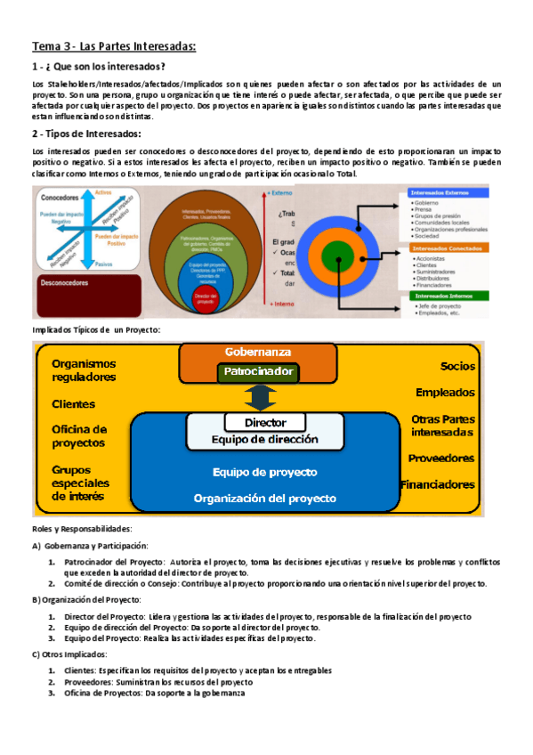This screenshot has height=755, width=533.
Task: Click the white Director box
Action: [x=265, y=423]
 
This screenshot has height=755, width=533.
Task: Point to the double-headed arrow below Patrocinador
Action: [x=258, y=396]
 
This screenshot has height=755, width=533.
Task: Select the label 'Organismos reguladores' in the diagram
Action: [x=84, y=370]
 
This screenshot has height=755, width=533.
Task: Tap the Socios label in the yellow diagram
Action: [x=457, y=366]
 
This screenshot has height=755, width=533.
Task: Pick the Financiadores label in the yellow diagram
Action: [x=437, y=485]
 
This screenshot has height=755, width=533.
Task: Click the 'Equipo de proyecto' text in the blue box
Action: [x=264, y=472]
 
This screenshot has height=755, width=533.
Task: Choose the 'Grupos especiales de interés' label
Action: [x=78, y=482]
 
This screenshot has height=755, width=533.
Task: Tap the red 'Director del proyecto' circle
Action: [x=206, y=300]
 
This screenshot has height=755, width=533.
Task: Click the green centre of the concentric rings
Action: [x=342, y=250]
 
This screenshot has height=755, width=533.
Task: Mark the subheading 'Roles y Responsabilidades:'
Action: [x=81, y=529]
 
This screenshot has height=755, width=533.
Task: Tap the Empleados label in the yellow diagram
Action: [x=445, y=393]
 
